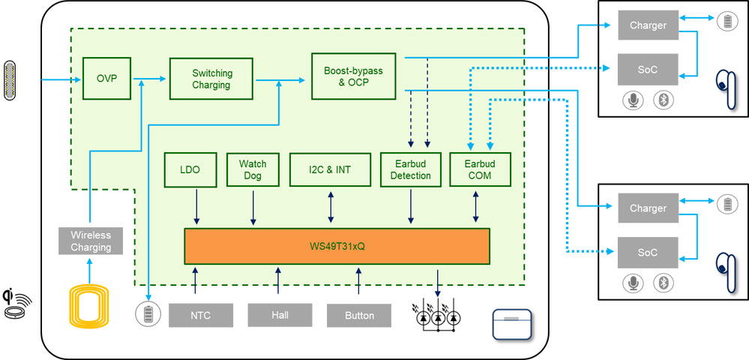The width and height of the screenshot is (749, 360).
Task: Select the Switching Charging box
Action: tap(211, 79)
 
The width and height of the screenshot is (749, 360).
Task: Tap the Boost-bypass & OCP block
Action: tap(352, 76)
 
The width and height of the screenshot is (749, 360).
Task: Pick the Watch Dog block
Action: tap(253, 169)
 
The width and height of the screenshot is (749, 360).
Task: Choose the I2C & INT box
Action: tap(330, 169)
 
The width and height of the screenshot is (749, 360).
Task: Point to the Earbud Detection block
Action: tap(411, 169)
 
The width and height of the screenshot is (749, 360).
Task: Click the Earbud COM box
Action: tap(480, 169)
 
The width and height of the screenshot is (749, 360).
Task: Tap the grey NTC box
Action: tap(200, 315)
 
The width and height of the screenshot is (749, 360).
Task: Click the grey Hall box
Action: tap(279, 315)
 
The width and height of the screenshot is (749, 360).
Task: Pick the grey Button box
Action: tap(359, 315)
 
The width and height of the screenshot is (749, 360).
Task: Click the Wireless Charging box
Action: tap(90, 241)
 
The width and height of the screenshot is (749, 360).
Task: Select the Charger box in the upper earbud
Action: tap(647, 25)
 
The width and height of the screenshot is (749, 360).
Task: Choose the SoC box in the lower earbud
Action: tap(647, 252)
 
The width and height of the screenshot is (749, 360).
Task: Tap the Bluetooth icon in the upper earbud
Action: tap(661, 99)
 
